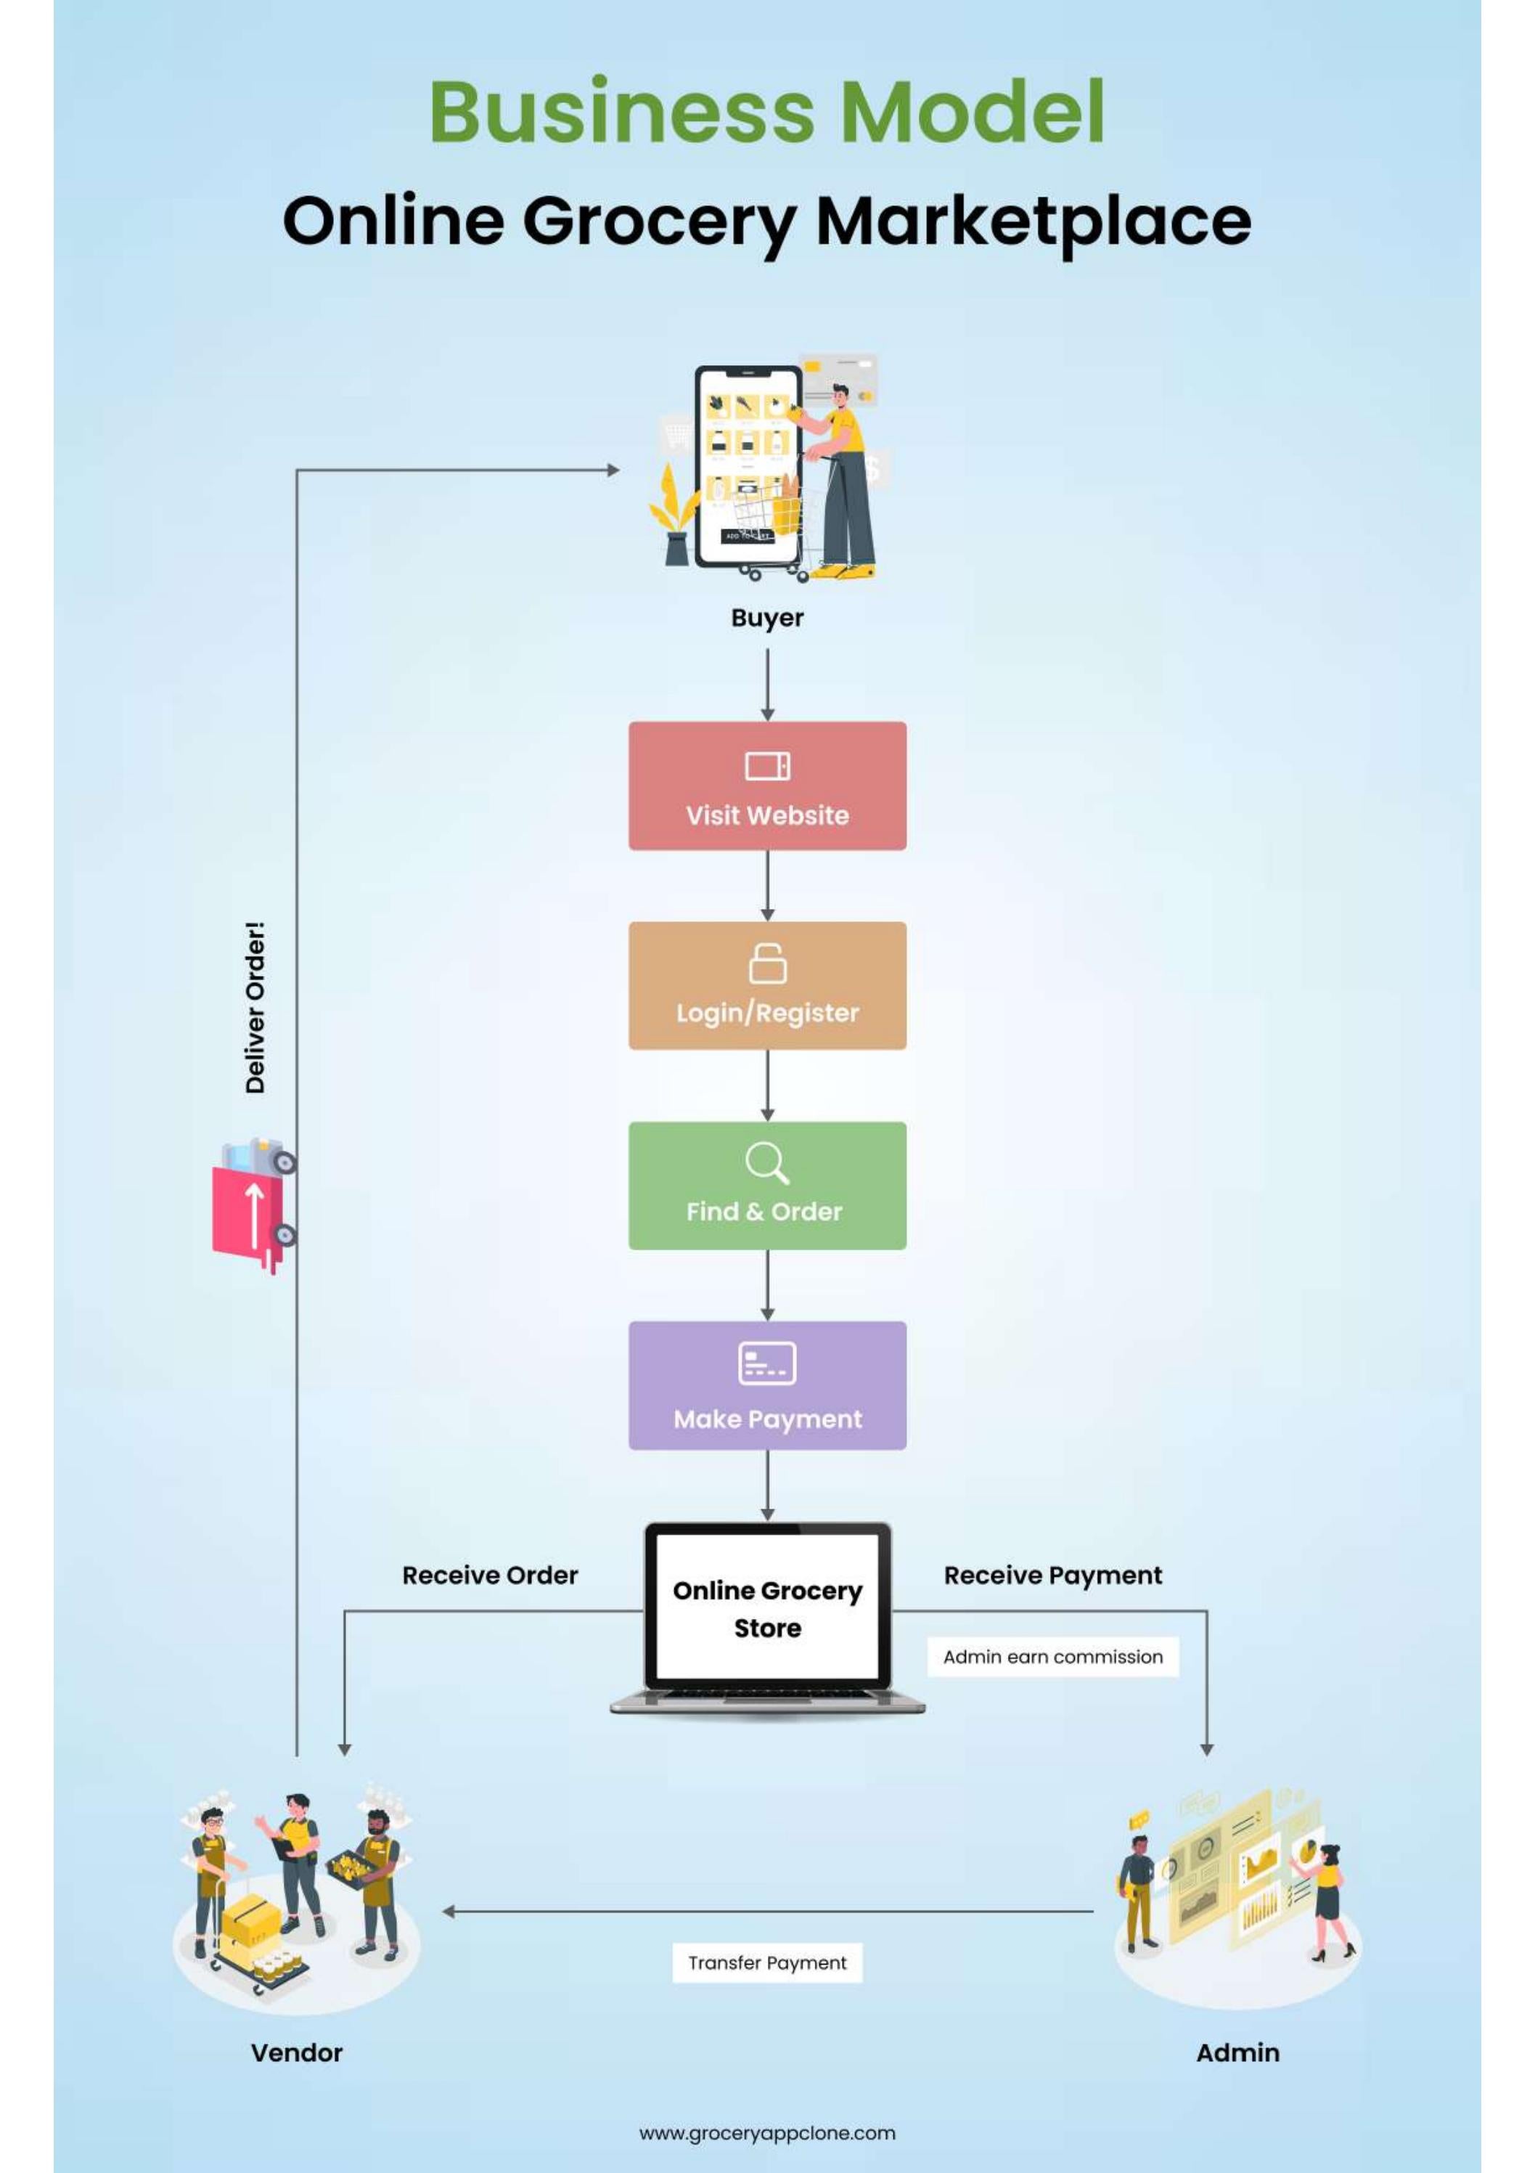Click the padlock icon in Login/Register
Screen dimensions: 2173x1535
click(x=768, y=963)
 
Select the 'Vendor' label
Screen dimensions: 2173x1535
click(x=296, y=2052)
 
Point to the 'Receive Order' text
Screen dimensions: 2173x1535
click(x=489, y=1575)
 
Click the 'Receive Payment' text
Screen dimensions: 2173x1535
click(x=1052, y=1575)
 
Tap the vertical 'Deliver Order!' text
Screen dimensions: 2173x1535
click(x=255, y=1007)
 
